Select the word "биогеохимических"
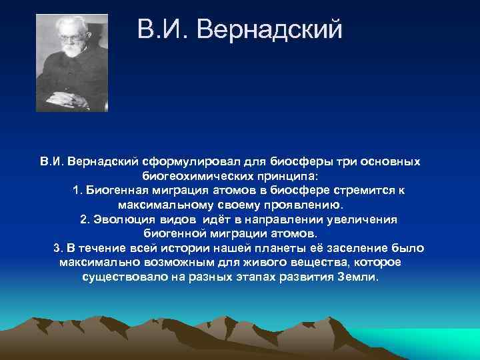point(196,176)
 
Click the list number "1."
point(78,191)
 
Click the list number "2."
point(85,219)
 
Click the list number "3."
point(58,248)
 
